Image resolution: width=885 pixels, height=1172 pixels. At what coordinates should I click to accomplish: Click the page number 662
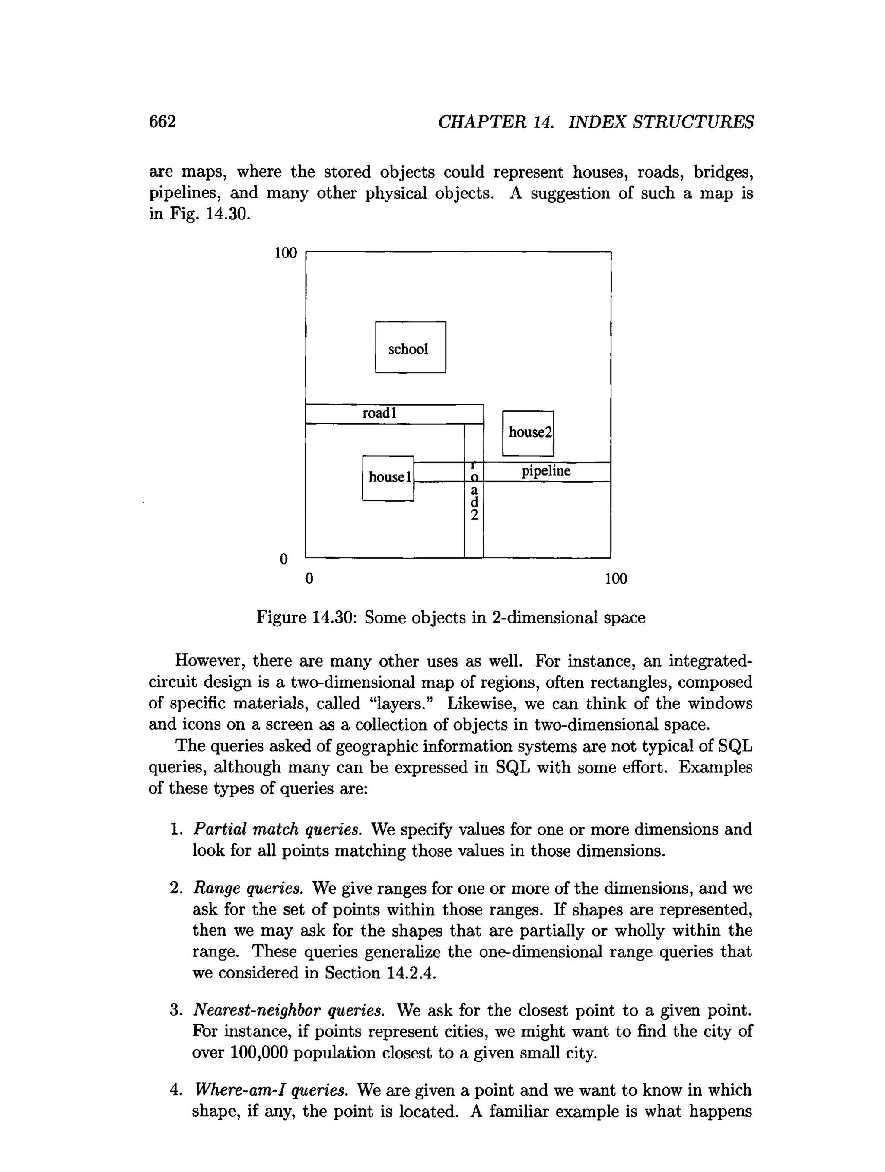162,122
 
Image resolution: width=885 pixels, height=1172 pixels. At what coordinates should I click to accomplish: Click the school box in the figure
410,347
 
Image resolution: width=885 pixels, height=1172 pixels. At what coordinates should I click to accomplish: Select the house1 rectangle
388,477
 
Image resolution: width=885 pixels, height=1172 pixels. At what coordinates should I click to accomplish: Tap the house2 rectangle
528,432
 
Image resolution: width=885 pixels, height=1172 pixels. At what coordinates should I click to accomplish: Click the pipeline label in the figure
546,471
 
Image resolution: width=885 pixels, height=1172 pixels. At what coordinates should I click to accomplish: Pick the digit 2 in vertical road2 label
474,515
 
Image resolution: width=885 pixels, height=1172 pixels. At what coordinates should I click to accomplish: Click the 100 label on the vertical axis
286,253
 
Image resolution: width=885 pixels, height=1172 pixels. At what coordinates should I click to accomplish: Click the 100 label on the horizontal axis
616,578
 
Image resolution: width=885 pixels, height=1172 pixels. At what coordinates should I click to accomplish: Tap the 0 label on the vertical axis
283,559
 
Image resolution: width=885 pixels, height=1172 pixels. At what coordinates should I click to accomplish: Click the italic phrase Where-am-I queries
271,1090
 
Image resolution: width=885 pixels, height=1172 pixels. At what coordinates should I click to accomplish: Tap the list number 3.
176,1010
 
